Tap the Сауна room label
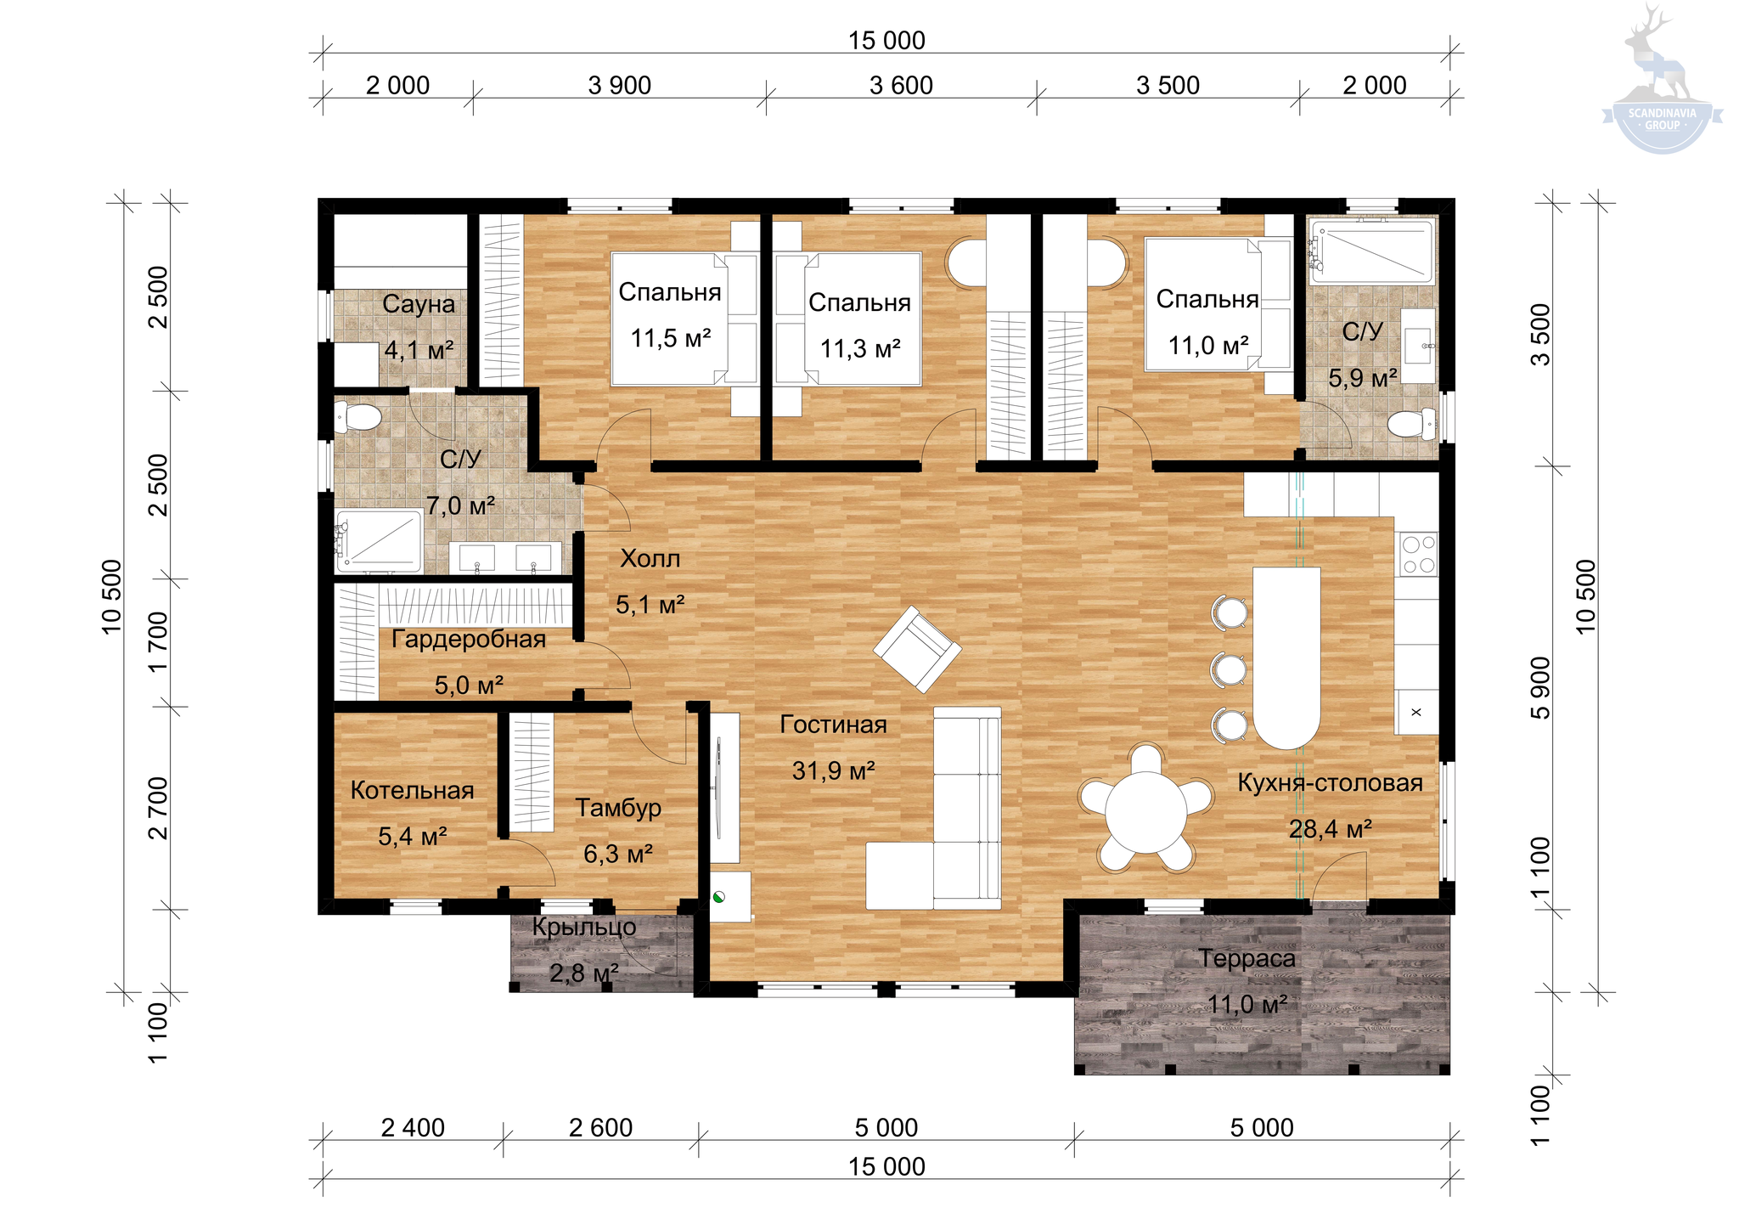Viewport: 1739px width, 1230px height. [x=419, y=304]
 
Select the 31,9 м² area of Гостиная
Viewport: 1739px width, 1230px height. [x=833, y=770]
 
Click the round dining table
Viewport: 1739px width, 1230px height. [x=1145, y=812]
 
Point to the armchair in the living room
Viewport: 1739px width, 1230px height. [x=917, y=649]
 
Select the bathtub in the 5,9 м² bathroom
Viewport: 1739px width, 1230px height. [x=1371, y=251]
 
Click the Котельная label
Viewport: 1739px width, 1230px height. [x=412, y=791]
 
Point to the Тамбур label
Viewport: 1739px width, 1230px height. [x=618, y=807]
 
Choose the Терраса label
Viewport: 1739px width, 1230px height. [x=1247, y=959]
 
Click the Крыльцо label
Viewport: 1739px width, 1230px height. [x=584, y=927]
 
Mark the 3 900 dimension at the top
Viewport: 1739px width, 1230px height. [x=620, y=86]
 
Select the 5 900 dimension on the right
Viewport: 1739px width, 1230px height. [x=1540, y=687]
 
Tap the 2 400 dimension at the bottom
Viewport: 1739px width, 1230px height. [x=413, y=1128]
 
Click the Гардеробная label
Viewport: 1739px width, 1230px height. [x=469, y=640]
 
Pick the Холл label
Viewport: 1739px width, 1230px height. [x=650, y=559]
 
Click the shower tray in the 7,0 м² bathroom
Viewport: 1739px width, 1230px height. [x=379, y=540]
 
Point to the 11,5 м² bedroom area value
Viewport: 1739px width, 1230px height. [x=670, y=338]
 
